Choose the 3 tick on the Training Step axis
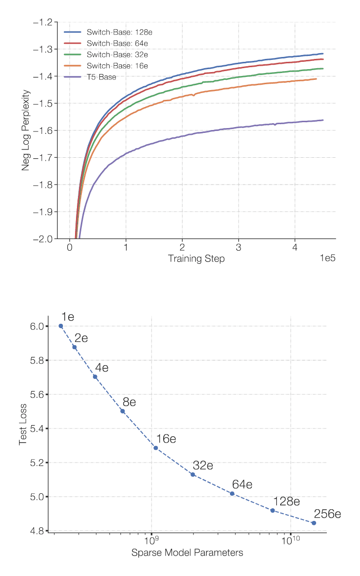(x=238, y=247)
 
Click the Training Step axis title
(x=196, y=259)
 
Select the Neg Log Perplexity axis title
(x=25, y=130)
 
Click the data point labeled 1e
(x=61, y=326)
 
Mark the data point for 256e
(x=314, y=523)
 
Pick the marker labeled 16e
(x=155, y=448)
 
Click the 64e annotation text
(x=242, y=484)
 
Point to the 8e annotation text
(x=129, y=402)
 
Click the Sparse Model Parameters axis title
(x=187, y=553)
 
